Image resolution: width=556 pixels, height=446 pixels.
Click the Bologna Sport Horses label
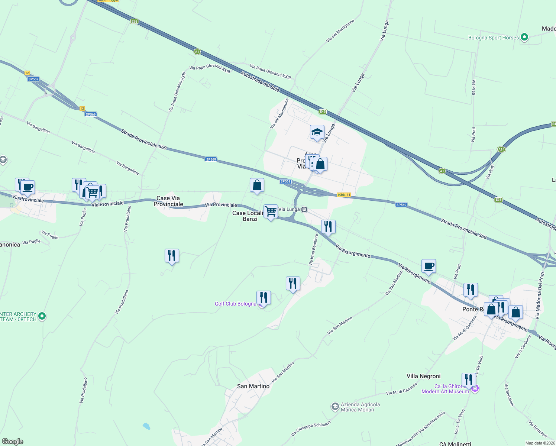493,38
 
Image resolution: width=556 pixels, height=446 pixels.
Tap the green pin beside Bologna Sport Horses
524,37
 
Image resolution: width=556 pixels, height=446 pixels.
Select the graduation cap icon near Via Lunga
317,132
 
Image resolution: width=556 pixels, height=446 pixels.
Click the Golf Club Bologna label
235,304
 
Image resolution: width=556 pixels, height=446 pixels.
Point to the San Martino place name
253,386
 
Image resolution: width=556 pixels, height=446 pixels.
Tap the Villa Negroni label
423,376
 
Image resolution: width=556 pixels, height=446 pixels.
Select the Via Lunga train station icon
304,210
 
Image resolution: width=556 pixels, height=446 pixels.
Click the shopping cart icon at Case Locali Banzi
271,211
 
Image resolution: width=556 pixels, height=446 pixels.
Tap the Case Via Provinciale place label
168,201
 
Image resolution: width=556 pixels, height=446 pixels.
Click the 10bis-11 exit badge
343,195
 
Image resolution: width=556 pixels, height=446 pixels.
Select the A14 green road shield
501,149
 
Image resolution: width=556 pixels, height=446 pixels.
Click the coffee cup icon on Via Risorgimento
429,266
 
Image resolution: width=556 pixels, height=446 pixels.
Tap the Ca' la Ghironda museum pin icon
475,389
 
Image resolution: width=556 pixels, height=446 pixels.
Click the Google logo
13,442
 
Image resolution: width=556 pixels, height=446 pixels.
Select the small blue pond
146,426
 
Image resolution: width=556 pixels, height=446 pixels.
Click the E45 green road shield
323,111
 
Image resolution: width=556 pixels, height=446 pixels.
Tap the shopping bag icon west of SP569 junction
257,185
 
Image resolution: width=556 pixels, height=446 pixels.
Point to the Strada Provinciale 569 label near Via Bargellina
144,139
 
